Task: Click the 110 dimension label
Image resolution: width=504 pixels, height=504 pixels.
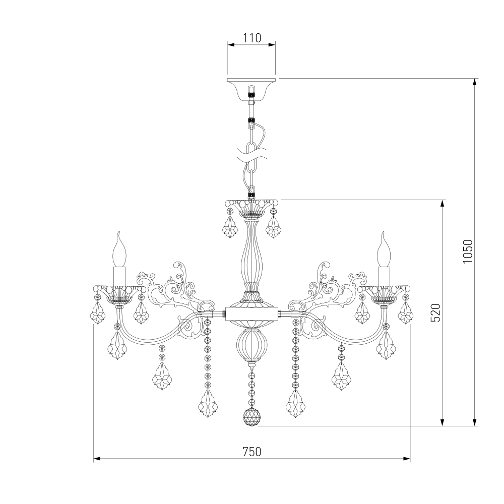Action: tap(251, 38)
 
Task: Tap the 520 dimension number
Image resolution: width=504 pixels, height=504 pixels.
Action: tap(436, 312)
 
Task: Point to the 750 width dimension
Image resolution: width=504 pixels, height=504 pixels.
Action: tap(251, 452)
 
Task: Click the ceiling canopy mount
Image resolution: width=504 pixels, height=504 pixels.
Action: tap(251, 89)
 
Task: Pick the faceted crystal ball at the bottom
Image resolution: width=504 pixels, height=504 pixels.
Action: tap(251, 417)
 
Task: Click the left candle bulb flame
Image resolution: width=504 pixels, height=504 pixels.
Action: tap(119, 249)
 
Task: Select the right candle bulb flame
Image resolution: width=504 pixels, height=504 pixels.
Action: tap(385, 249)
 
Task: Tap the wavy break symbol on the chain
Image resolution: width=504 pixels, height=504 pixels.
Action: tap(251, 154)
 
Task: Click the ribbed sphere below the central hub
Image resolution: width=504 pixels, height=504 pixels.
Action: tap(251, 343)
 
